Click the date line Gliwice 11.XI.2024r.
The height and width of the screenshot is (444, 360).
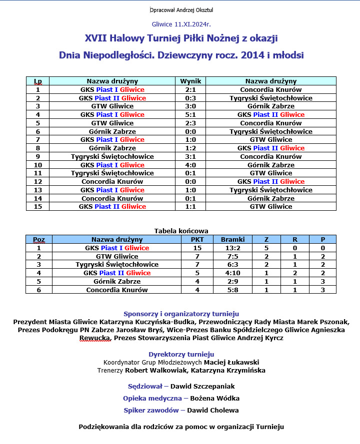(181, 24)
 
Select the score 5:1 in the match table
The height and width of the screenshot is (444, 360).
(190, 115)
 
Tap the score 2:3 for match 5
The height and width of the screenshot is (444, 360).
(190, 123)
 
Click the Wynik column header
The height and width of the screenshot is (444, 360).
(190, 81)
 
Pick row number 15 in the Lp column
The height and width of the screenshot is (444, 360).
(38, 207)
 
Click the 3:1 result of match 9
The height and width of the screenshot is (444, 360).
(190, 157)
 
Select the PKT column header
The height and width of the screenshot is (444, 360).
(197, 240)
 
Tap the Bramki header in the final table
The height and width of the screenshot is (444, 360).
(232, 240)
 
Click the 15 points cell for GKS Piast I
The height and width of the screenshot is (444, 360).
(197, 248)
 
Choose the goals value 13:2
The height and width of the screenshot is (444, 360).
(232, 248)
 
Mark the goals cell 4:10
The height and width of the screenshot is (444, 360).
(232, 273)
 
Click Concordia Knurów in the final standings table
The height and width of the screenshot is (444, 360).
(117, 290)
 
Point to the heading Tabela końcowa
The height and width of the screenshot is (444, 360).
(181, 231)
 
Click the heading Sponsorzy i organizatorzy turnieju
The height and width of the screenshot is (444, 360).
(181, 314)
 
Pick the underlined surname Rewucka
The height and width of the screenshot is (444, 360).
(95, 338)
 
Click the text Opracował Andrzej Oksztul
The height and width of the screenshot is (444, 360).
(181, 10)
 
